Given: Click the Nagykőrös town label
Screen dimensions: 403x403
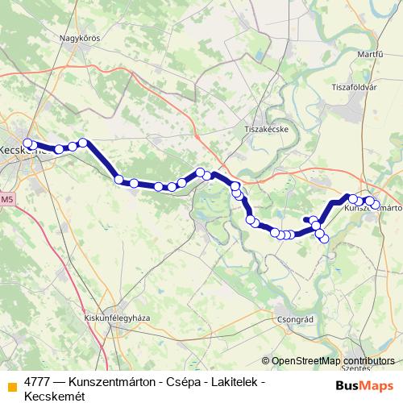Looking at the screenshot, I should click(x=78, y=36).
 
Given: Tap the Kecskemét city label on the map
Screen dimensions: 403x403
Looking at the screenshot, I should click(x=18, y=150).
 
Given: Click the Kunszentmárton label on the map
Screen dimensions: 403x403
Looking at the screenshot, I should click(x=373, y=208).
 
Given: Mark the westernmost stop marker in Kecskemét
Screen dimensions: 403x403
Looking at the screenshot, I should click(x=27, y=143).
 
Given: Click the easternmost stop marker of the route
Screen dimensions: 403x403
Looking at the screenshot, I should click(x=376, y=205).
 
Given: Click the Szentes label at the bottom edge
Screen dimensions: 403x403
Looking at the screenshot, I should click(x=361, y=368).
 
